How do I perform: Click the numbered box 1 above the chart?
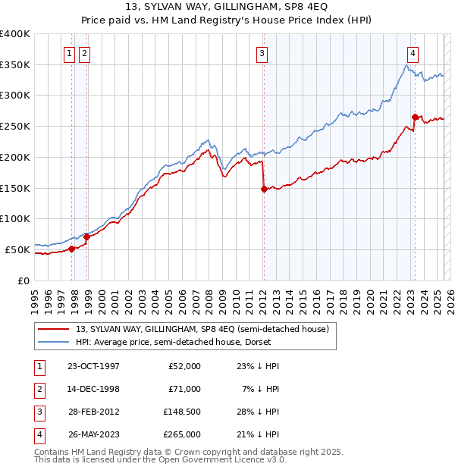(69, 53)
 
